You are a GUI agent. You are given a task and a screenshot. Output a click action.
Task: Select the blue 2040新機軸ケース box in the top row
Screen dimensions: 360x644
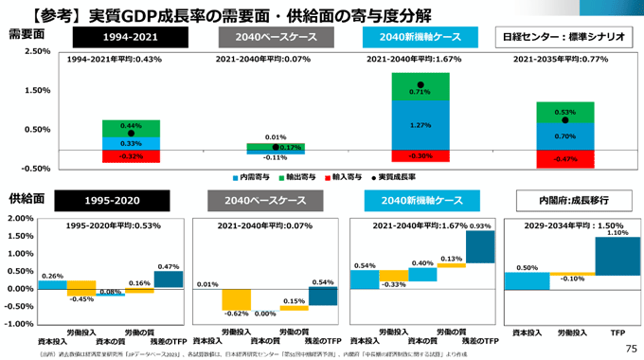click(419, 38)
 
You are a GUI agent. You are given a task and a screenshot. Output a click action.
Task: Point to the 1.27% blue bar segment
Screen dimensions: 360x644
click(420, 124)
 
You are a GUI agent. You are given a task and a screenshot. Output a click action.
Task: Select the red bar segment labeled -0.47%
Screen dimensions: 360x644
click(565, 159)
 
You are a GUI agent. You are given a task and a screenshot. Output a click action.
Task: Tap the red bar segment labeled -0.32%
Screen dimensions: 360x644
click(132, 156)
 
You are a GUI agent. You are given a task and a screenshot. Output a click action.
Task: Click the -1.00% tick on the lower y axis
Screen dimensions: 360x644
click(20, 324)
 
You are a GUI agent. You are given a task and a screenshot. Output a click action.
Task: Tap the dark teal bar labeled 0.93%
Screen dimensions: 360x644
click(480, 247)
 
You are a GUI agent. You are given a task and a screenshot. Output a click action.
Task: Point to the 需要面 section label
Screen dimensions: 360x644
click(27, 34)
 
